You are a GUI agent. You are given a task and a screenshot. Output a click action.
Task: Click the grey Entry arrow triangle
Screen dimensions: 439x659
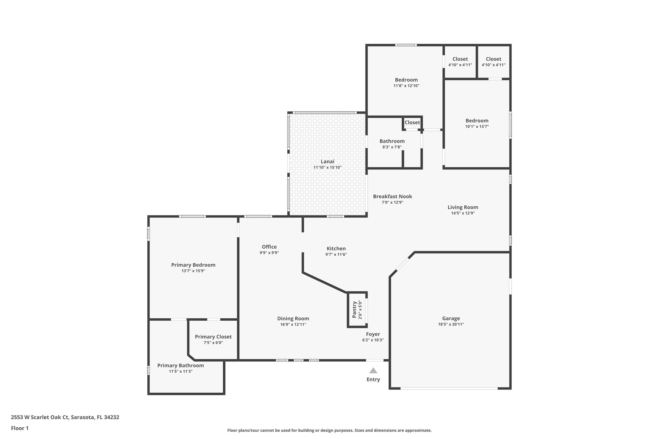373,370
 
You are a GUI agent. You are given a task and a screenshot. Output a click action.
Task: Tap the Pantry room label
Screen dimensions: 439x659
354,309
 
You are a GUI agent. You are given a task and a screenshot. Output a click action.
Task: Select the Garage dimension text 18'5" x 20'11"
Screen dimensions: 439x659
451,324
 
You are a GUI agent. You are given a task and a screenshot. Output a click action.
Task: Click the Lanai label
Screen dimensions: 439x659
327,161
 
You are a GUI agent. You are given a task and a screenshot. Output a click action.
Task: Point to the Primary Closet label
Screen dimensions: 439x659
213,337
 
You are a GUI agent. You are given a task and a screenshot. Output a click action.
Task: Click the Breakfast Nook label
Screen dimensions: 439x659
392,197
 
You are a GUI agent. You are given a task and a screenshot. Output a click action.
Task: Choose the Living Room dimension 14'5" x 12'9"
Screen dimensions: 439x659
463,213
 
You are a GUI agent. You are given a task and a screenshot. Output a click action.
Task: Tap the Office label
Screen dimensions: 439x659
269,247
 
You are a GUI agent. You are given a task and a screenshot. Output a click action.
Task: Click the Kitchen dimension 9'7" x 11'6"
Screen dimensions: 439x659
336,254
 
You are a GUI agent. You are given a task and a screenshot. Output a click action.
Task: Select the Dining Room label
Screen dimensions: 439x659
293,318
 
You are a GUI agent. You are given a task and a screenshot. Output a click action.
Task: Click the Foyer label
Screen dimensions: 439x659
373,334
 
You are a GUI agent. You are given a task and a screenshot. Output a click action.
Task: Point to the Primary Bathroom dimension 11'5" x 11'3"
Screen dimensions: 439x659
181,371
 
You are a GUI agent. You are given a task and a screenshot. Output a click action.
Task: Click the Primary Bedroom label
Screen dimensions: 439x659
193,265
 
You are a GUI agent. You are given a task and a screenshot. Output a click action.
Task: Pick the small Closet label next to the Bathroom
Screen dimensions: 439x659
412,123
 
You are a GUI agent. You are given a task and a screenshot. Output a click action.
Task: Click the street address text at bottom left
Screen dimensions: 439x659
65,417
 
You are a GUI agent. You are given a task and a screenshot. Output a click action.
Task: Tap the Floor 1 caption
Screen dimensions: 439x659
20,428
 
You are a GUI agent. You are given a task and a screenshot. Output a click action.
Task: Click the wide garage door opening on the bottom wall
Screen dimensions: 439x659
449,389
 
